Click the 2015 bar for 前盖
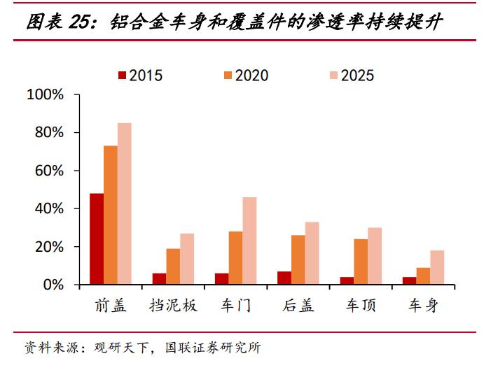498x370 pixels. click(97, 239)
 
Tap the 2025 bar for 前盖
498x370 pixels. click(124, 204)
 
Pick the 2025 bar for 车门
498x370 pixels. click(249, 241)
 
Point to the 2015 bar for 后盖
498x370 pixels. click(284, 278)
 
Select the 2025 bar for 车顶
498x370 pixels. click(375, 256)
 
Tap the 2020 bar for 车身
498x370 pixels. click(423, 276)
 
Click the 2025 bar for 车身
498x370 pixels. click(437, 268)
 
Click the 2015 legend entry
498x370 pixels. click(141, 76)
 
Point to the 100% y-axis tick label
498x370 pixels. click(45, 94)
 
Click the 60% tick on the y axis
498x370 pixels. click(49, 171)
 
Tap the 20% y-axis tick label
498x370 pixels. click(49, 247)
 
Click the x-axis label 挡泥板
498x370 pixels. click(174, 306)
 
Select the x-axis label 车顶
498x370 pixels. click(361, 306)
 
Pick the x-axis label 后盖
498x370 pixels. click(298, 306)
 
